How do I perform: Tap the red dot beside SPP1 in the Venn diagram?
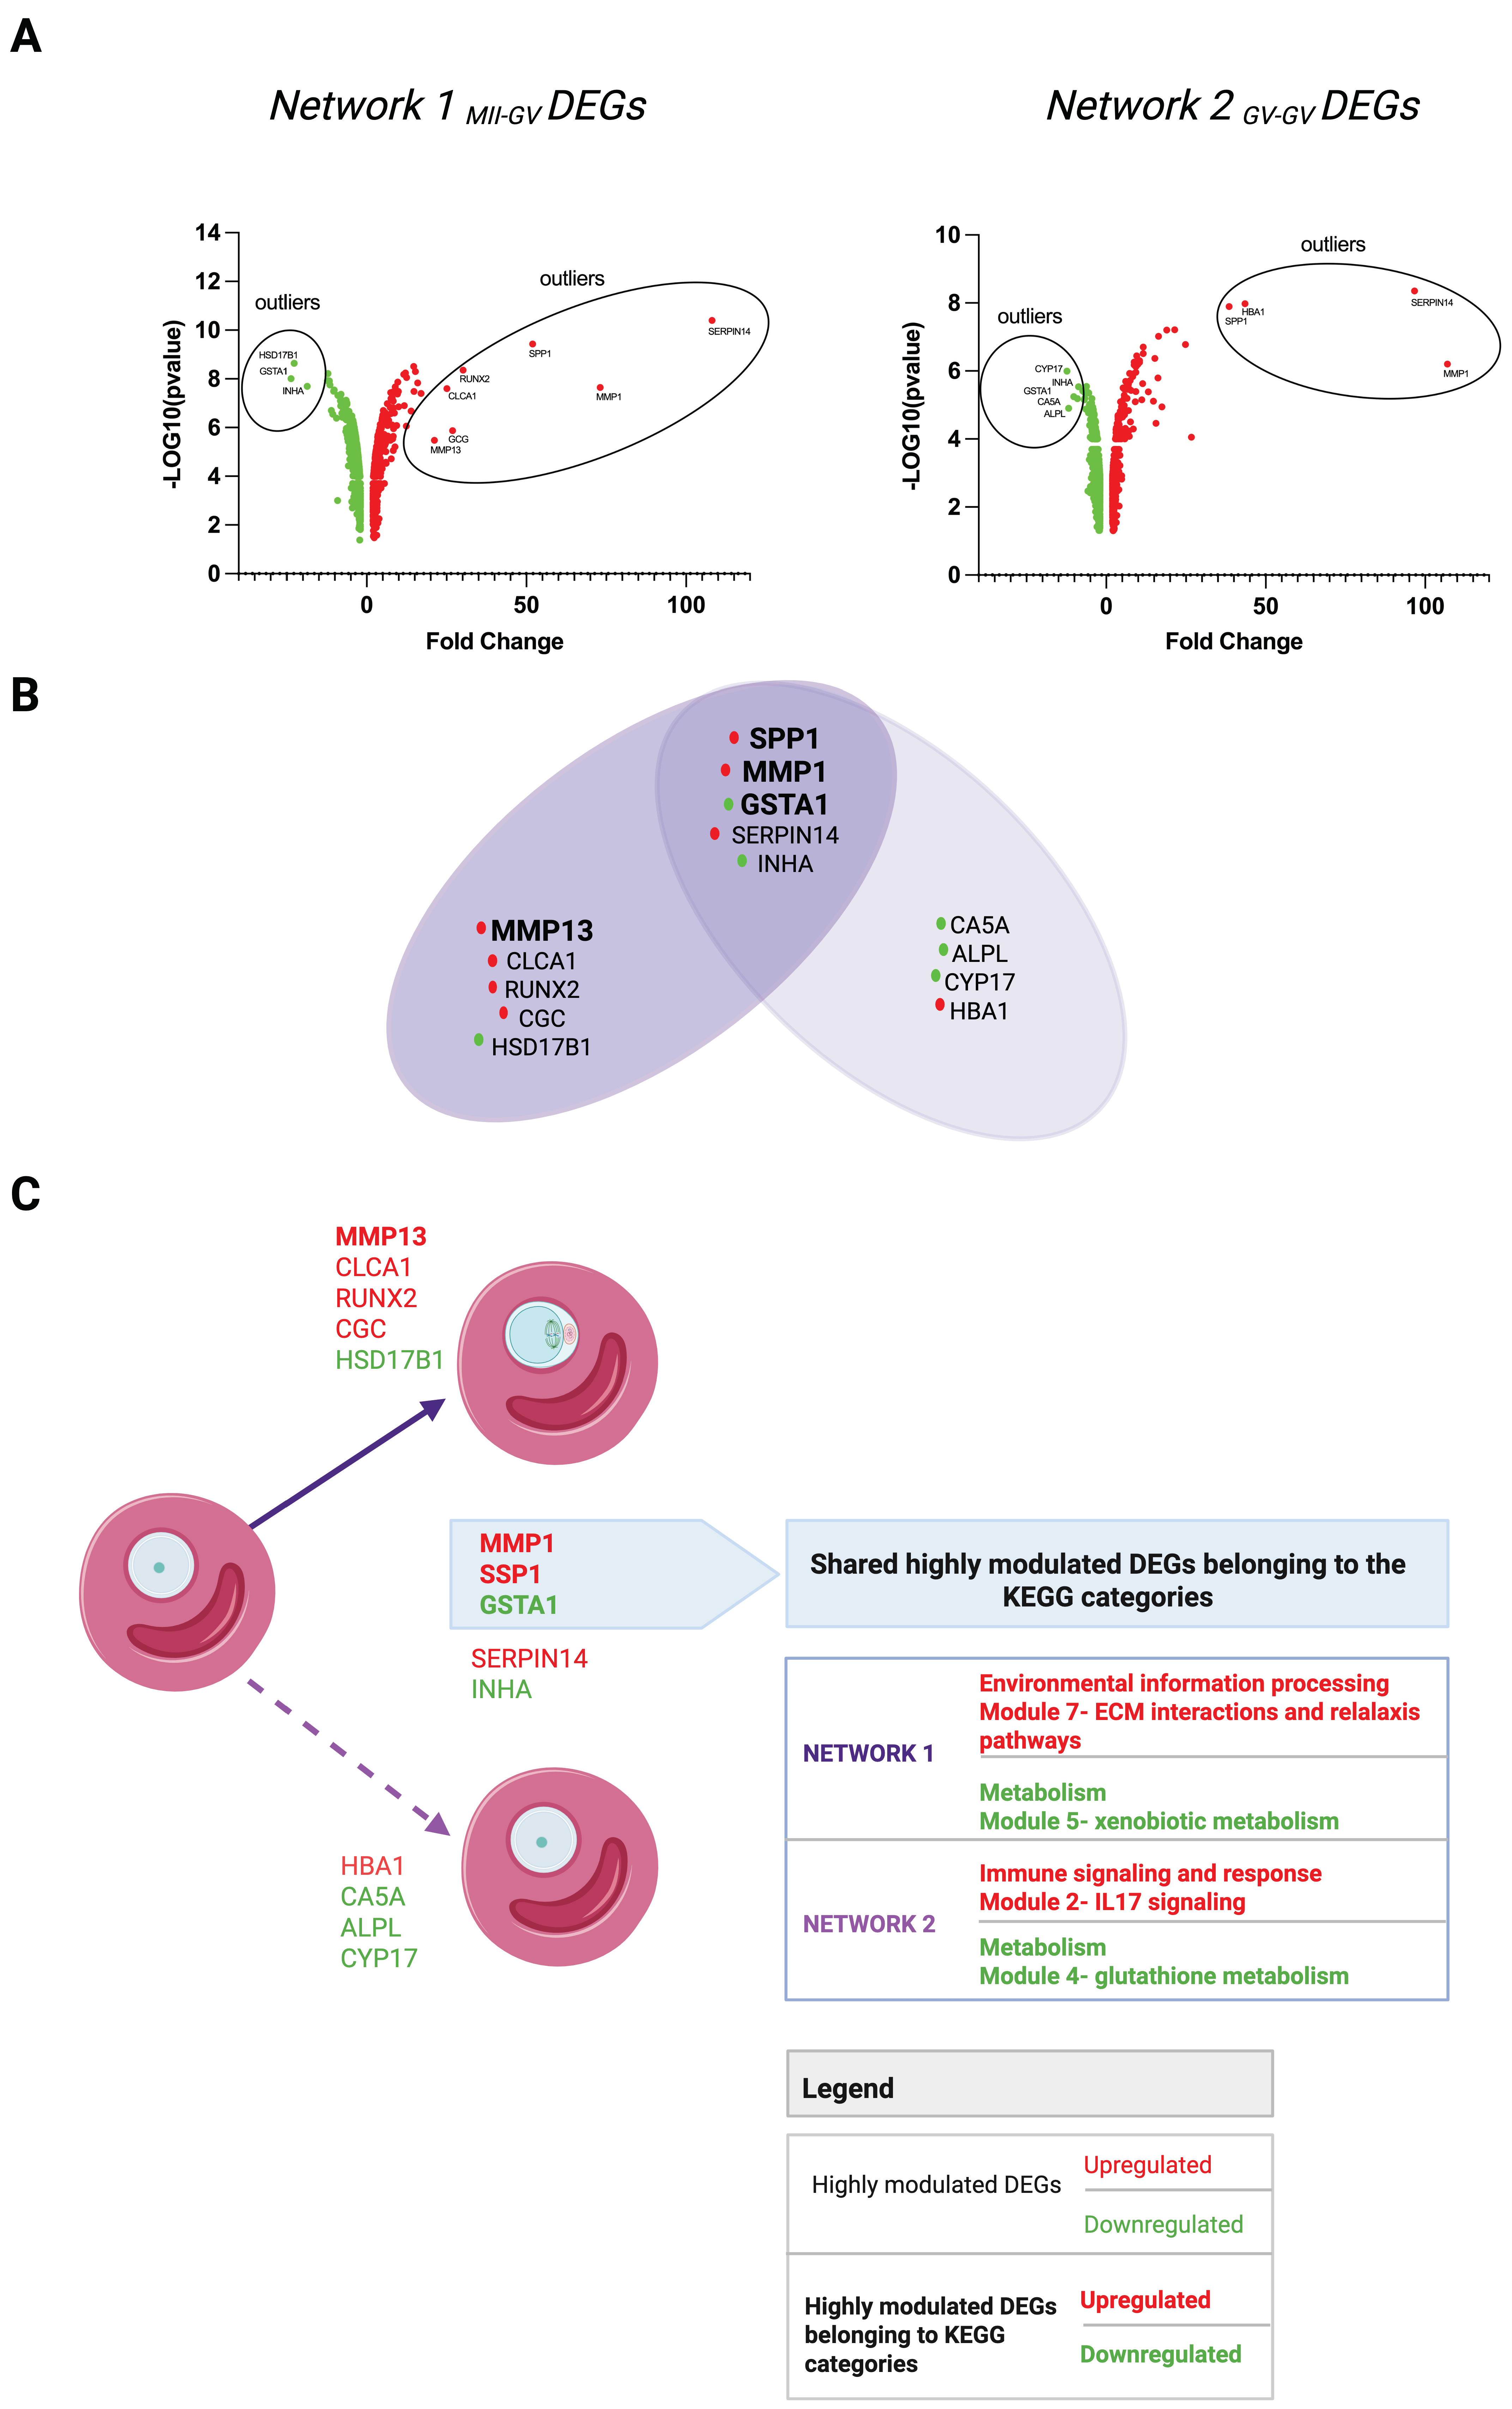(734, 738)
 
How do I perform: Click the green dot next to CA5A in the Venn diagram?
(941, 923)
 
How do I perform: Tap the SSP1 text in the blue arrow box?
(510, 1574)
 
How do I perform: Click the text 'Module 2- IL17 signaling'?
(1112, 1902)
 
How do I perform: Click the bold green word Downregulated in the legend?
(1160, 2354)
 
